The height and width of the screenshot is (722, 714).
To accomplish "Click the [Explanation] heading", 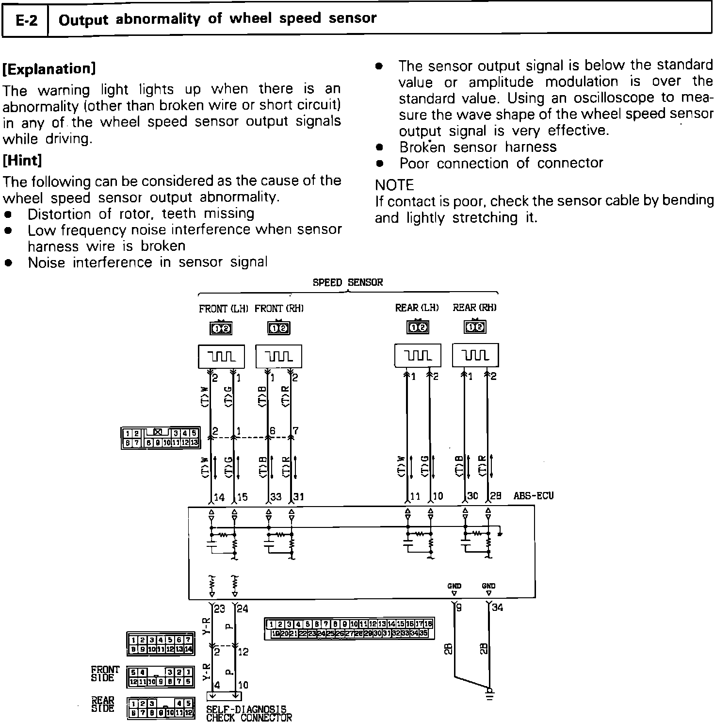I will tap(49, 68).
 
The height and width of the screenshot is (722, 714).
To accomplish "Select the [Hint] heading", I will tap(22, 160).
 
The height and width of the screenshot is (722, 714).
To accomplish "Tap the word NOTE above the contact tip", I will tap(394, 185).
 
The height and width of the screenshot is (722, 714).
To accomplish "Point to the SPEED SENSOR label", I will tap(347, 282).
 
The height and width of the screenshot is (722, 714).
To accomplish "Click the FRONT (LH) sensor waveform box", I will tap(222, 357).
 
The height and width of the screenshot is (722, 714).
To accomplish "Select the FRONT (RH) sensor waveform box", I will tap(279, 357).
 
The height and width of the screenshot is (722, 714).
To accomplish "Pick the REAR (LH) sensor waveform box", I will tap(418, 356).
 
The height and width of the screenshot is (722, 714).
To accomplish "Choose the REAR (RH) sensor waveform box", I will tap(475, 356).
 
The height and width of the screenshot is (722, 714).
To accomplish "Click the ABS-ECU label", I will tap(533, 496).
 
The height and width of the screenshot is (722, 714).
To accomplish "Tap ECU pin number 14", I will tap(219, 497).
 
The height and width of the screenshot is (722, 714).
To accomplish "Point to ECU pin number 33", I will tap(276, 497).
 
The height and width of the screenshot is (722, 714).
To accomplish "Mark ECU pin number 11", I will tap(415, 496).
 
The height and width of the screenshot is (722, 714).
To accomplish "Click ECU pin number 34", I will tap(498, 607).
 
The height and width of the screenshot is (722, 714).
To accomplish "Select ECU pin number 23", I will tap(219, 608).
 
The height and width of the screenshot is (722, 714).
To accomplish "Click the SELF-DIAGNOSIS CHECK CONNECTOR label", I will tap(249, 713).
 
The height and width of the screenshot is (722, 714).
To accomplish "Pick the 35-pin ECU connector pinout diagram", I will tap(349, 629).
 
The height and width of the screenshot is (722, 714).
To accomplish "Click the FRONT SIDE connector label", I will tap(105, 674).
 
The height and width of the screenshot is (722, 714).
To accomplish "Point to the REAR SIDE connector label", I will tap(103, 705).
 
